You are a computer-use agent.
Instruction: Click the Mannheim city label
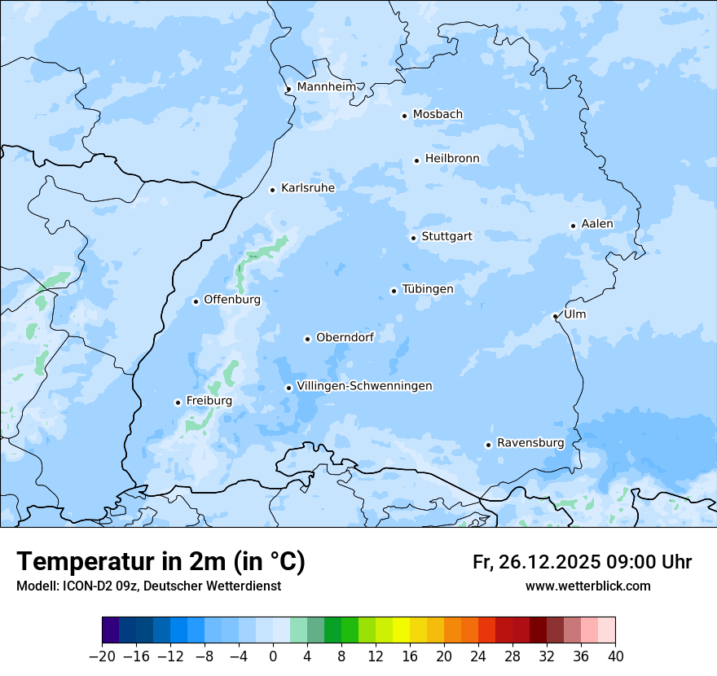[326, 87]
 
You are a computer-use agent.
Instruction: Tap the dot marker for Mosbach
[404, 116]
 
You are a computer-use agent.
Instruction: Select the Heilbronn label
[452, 159]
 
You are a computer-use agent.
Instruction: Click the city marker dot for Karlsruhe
[273, 190]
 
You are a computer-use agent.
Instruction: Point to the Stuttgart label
[446, 237]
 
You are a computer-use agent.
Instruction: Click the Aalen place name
[597, 224]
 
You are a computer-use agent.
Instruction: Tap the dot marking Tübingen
[394, 291]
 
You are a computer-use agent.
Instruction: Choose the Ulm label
[574, 314]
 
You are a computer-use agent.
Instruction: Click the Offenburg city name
[232, 300]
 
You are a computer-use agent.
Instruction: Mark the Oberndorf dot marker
[307, 339]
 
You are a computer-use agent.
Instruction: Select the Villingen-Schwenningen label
[364, 386]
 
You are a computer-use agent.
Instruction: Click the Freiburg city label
[209, 401]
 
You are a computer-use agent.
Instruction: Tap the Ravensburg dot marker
[488, 445]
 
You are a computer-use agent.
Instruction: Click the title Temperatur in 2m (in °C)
[161, 562]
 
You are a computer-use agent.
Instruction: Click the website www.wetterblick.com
[587, 586]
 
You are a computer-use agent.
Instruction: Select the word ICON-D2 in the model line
[84, 586]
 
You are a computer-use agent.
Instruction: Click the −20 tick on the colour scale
[103, 656]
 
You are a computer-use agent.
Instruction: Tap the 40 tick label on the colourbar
[615, 656]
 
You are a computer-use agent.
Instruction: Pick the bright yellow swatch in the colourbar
[401, 630]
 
